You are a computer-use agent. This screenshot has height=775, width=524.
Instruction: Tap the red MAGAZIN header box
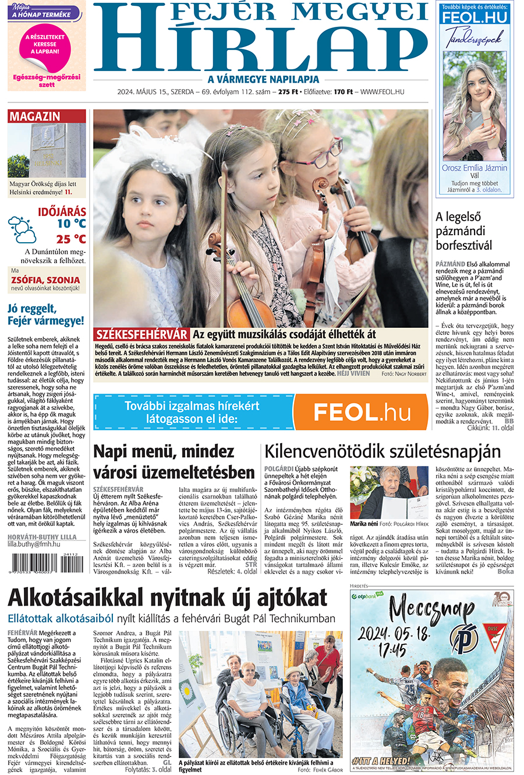pos(47,116)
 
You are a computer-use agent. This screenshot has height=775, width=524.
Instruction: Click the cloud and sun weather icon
pos(22,229)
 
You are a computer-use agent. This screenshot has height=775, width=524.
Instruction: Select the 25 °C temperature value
pos(71,239)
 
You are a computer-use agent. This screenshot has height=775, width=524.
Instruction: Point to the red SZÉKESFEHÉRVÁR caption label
pos(141,334)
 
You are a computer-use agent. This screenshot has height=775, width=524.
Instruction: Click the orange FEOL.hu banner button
pos(361,412)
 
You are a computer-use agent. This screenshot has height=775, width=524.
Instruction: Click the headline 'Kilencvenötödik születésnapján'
pos(383,452)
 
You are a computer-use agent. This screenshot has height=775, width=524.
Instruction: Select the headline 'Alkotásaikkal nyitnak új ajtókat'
pos(168,598)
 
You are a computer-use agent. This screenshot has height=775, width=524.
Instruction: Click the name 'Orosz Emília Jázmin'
pos(475,168)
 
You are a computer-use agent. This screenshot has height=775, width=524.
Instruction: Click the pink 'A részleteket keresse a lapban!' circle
pos(45,45)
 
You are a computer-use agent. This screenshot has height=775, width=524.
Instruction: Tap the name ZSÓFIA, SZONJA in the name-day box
pos(45,279)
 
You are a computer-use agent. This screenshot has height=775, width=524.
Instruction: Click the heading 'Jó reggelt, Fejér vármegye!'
pos(46,314)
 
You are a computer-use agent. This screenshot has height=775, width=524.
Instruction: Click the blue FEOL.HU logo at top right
pos(475,18)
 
